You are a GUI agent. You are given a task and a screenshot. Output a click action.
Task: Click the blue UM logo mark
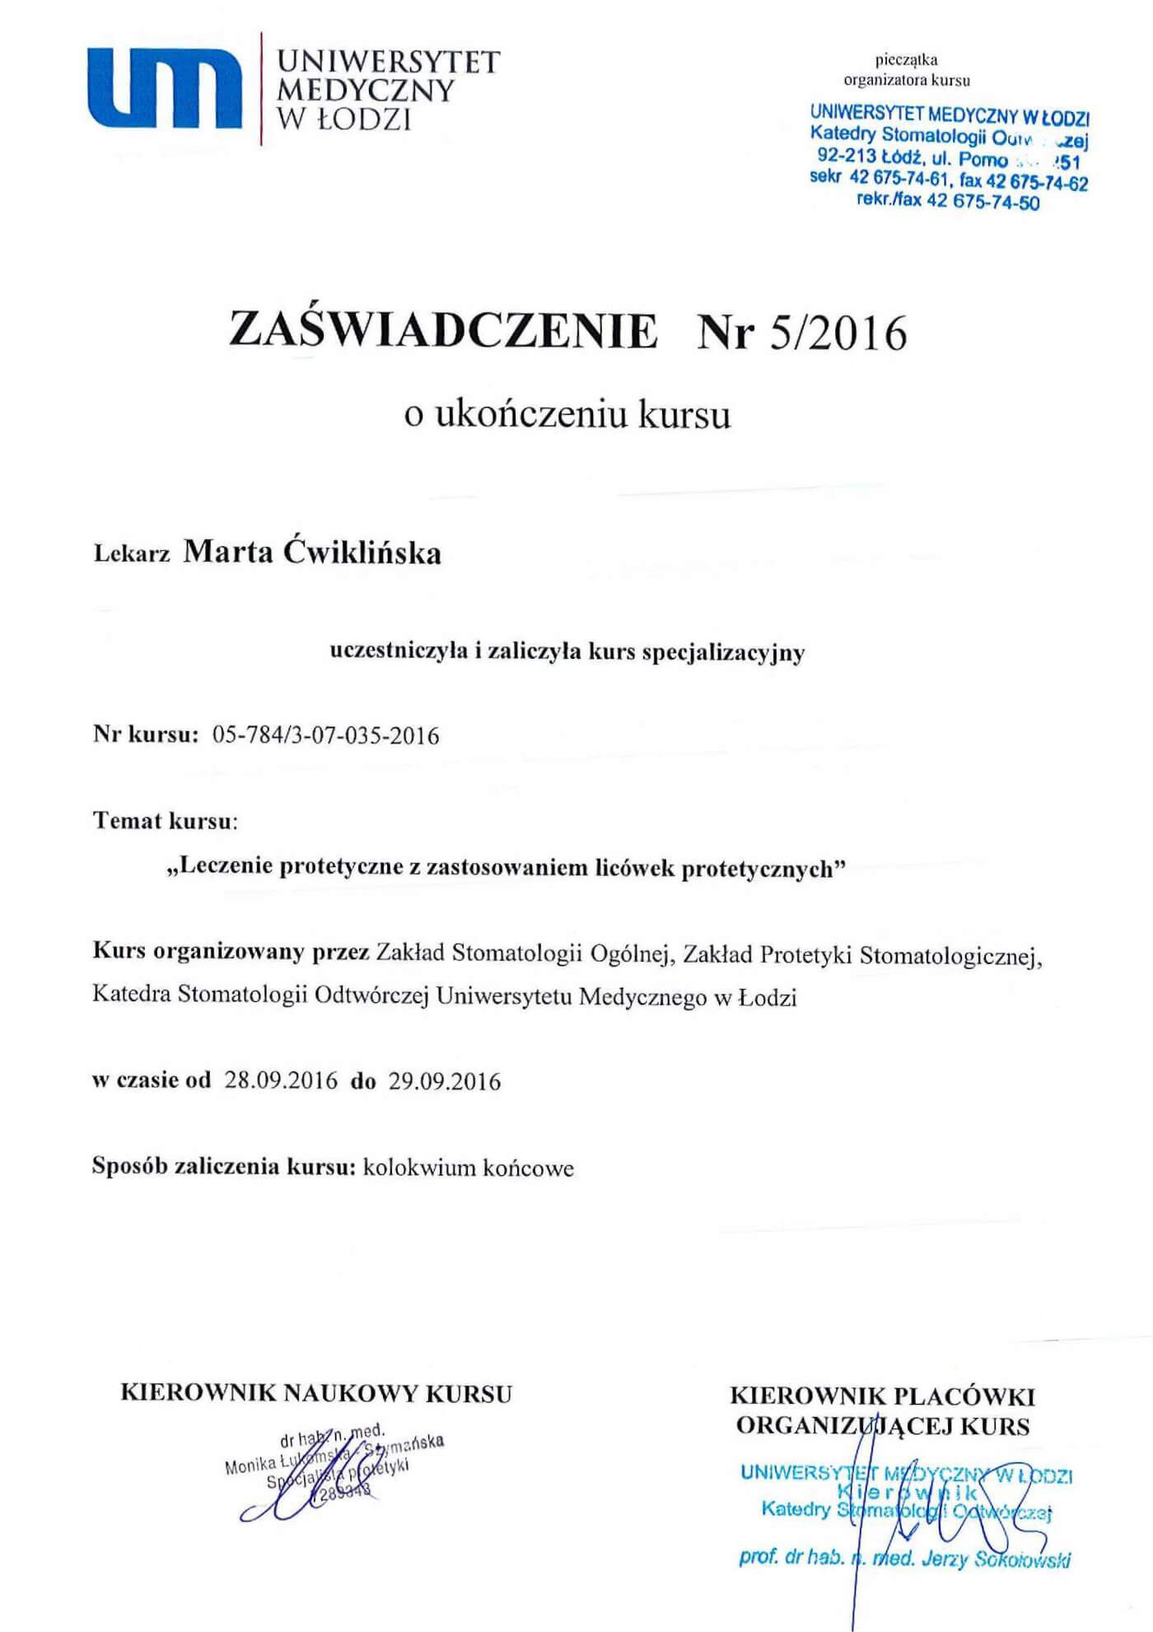point(165,89)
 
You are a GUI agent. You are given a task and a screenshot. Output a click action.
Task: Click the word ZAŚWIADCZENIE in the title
point(444,330)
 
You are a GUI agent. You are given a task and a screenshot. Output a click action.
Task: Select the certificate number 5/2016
point(838,333)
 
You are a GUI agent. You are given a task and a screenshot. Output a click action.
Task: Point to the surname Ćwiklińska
point(362,552)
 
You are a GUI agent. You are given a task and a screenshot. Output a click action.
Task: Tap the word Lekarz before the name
point(132,553)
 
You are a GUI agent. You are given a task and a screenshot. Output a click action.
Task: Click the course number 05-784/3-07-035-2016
point(326,735)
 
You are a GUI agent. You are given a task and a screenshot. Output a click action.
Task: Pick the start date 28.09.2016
point(281,1080)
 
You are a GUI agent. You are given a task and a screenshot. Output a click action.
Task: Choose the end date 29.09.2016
point(445,1080)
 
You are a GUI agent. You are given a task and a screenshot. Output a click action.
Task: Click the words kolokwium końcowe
point(468,1168)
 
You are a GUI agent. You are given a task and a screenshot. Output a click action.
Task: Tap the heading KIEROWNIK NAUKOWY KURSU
point(316,1393)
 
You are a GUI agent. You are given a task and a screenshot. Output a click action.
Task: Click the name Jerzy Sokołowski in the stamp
point(997,1559)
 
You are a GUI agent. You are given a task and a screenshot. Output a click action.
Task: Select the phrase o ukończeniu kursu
point(567,414)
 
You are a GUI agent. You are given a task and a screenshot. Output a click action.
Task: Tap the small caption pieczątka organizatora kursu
point(907,70)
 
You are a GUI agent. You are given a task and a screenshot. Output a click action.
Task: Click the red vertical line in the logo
point(261,89)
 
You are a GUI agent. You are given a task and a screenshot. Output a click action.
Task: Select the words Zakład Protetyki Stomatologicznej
point(861,954)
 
